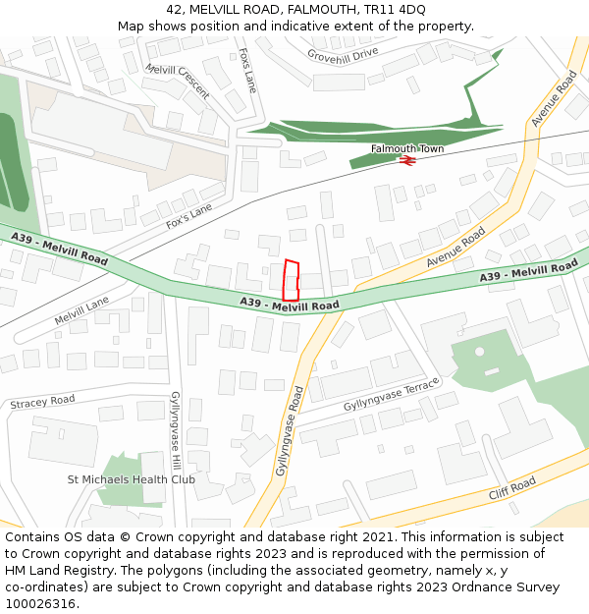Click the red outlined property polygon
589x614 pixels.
(x=290, y=280)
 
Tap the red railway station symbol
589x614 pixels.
(x=406, y=161)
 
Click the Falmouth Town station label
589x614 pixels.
(x=407, y=148)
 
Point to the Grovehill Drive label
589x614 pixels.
(x=343, y=53)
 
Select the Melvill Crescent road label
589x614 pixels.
(x=178, y=82)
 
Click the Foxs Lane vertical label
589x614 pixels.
(x=247, y=70)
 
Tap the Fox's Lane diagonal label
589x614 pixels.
(x=189, y=216)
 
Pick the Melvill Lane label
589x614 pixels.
(x=81, y=312)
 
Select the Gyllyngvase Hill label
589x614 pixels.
(x=176, y=429)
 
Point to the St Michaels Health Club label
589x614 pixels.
(x=131, y=479)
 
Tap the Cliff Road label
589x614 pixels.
(x=512, y=488)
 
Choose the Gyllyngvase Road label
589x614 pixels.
(x=290, y=430)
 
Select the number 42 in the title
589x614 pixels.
(x=173, y=10)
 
